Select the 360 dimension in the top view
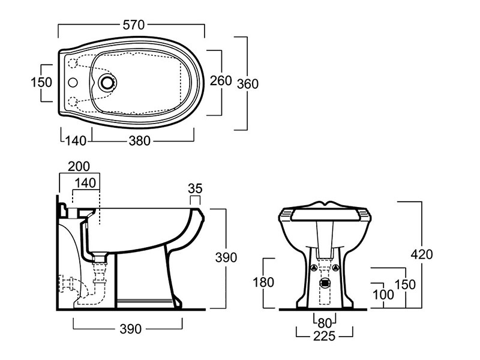[x=247, y=83]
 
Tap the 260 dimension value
[x=221, y=80]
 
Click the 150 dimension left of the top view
[x=41, y=82]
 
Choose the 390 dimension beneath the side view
[x=130, y=329]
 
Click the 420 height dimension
[x=421, y=254]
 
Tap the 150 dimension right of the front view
[x=406, y=284]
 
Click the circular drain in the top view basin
[x=109, y=82]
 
